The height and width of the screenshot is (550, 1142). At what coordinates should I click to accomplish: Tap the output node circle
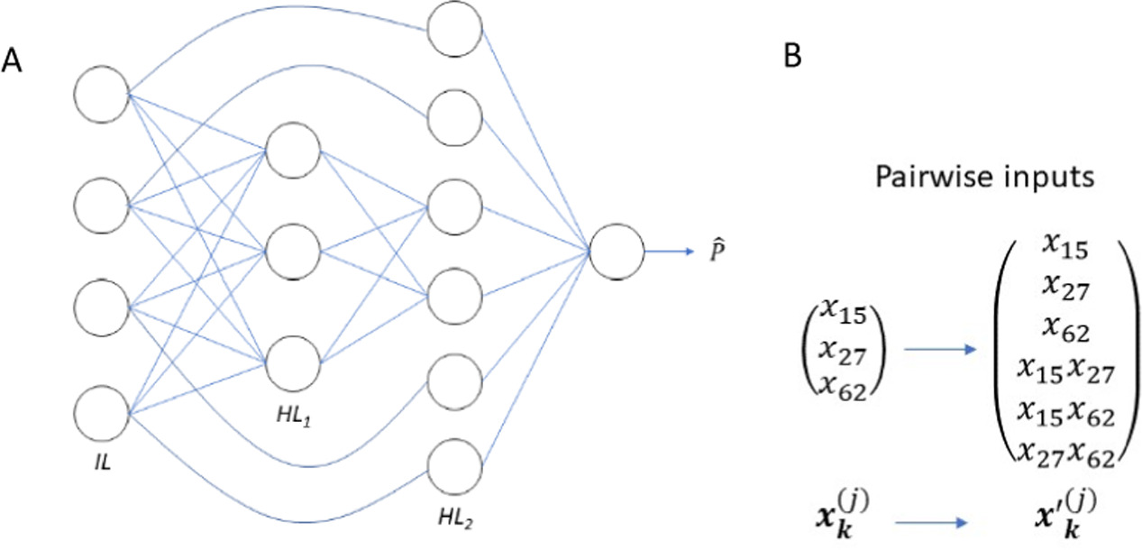tap(617, 252)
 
